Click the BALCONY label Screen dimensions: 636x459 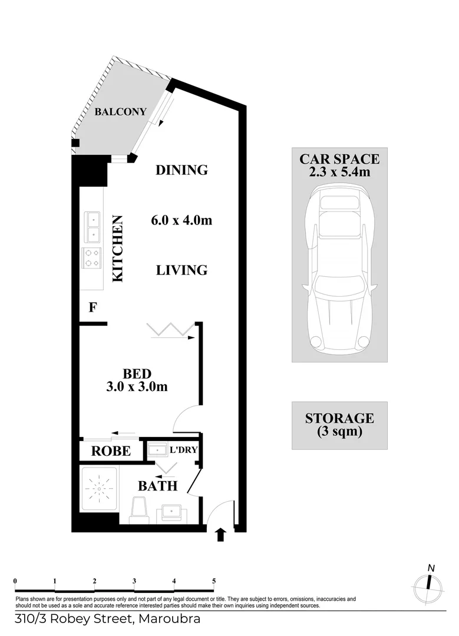pos(120,112)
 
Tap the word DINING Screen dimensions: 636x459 pos(181,170)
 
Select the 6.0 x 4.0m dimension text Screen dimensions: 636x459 pos(181,220)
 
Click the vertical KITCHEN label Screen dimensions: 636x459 pos(118,249)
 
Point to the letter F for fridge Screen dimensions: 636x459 pos(92,307)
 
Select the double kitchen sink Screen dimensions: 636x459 pos(93,227)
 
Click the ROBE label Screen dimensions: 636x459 pos(111,451)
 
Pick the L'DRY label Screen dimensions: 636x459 pos(183,450)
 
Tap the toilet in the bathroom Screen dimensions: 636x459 pos(140,509)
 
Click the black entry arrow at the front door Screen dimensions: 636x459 pos(221,534)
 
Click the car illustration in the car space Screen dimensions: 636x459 pos(339,265)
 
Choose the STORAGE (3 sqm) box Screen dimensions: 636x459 pos(339,425)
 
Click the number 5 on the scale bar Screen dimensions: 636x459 pos(214,581)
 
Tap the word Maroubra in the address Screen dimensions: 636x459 pos(171,619)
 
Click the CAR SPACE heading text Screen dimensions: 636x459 pos(339,158)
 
